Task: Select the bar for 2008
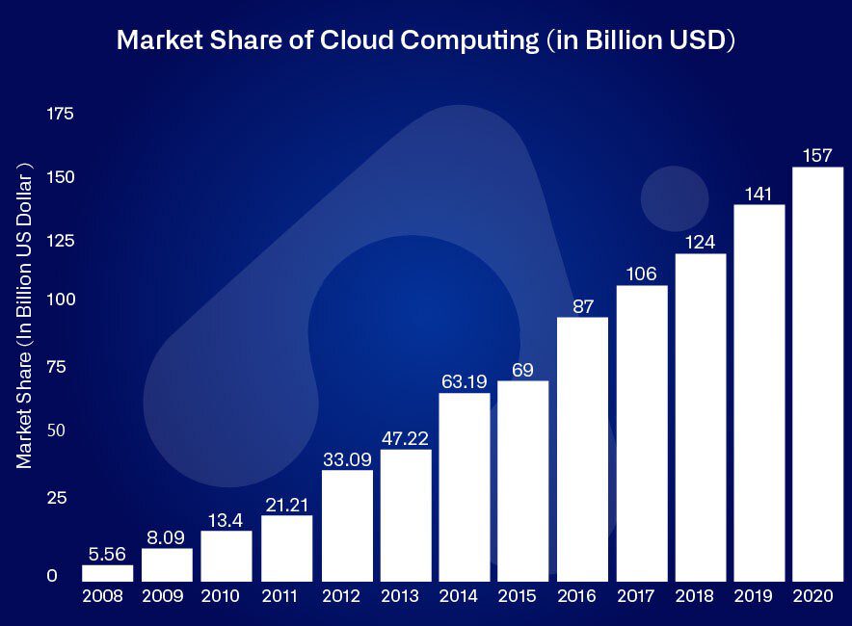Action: point(107,573)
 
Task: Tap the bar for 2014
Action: point(464,486)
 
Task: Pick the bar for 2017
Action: point(642,433)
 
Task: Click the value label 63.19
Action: point(464,381)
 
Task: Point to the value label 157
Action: point(817,155)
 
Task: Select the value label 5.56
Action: point(107,554)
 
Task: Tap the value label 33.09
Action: point(345,458)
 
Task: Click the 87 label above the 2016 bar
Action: point(582,306)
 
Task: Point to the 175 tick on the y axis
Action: point(60,115)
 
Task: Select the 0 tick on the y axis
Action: point(52,576)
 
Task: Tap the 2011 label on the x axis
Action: point(286,595)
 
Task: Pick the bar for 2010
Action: point(226,556)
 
